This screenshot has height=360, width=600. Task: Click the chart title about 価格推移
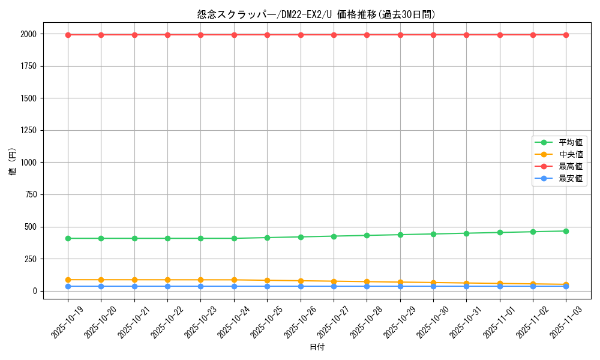pos(316,14)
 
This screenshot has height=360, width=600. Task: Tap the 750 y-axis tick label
pos(29,194)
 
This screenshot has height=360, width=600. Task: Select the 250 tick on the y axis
pos(29,259)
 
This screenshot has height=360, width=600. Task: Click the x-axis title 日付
pos(317,347)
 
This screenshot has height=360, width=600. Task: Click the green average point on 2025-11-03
pos(566,231)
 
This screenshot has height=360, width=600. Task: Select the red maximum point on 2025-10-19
pos(68,35)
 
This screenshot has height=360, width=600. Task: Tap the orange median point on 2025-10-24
pos(234,280)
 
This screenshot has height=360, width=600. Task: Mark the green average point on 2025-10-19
pos(68,238)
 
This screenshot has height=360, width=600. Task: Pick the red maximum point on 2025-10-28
pos(367,35)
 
